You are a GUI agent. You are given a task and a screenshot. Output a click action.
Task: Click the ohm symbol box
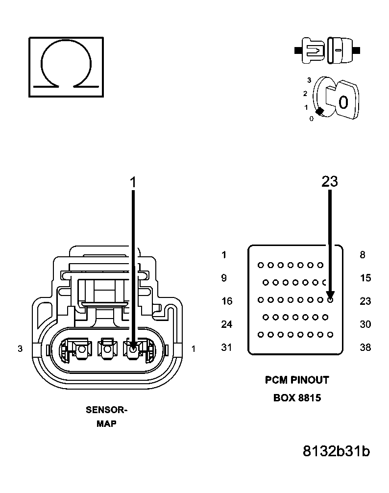[66, 66]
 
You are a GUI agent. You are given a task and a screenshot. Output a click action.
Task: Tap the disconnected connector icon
[327, 50]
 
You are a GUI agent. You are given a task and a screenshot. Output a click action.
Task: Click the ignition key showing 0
[342, 101]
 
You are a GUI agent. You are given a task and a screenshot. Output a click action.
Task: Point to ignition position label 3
[309, 79]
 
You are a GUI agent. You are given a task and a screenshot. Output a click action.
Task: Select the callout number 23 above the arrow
[330, 181]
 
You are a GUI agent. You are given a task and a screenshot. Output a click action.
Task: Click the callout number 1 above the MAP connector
[133, 182]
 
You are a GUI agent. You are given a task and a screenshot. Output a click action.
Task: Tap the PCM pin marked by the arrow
[330, 299]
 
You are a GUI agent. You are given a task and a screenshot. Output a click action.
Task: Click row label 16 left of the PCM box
[226, 301]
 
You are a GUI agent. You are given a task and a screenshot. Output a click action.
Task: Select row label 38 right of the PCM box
[365, 347]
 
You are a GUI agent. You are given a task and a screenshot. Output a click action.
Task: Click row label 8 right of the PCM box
[363, 255]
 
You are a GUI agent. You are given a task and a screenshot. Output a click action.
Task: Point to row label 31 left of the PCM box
[226, 347]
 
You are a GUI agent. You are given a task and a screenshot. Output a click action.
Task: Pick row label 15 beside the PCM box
[365, 278]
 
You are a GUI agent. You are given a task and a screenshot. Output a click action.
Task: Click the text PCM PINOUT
[297, 380]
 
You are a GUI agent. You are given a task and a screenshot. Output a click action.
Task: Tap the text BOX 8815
[297, 398]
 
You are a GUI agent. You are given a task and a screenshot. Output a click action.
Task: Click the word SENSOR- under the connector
[106, 410]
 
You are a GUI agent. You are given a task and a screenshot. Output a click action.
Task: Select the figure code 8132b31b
[336, 451]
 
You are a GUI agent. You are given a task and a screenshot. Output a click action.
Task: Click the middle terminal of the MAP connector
[107, 349]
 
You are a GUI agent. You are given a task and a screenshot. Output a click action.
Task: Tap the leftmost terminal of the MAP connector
[81, 349]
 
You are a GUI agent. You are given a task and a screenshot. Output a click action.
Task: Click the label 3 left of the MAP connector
[20, 349]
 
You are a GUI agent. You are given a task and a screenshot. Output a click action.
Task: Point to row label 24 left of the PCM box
[226, 324]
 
